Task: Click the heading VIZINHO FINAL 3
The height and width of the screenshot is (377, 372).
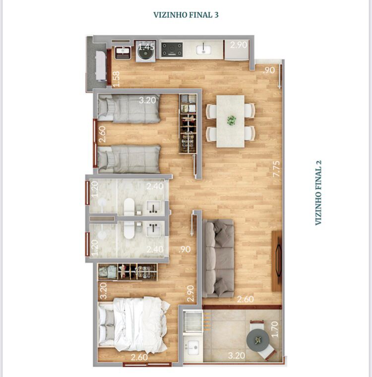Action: tap(186, 15)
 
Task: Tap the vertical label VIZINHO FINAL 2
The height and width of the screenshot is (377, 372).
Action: tap(318, 192)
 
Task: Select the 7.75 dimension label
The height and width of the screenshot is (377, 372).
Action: tap(276, 169)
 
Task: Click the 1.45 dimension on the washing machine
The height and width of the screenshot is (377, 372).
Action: tap(146, 46)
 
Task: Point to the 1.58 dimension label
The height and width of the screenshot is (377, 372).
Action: tap(117, 79)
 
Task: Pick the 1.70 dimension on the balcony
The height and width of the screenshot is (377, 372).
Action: tap(274, 329)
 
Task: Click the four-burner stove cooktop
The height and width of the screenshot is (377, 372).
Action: tap(172, 50)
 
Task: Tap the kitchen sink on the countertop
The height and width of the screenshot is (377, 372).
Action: tap(204, 50)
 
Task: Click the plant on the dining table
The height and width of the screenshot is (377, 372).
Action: tap(231, 120)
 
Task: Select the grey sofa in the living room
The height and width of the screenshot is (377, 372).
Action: tap(218, 258)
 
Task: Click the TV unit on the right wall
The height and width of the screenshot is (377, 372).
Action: tap(277, 261)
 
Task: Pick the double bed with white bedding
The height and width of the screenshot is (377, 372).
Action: tap(133, 325)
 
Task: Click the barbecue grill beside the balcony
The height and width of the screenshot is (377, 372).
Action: tap(192, 321)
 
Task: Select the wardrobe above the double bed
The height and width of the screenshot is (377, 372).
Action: tap(127, 272)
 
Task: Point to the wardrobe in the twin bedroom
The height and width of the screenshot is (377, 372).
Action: tap(188, 124)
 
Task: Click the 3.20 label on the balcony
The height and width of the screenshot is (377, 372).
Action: tap(237, 355)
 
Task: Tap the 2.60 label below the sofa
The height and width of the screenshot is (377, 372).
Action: tap(246, 299)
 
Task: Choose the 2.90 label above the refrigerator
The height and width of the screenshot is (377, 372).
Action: tap(239, 45)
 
